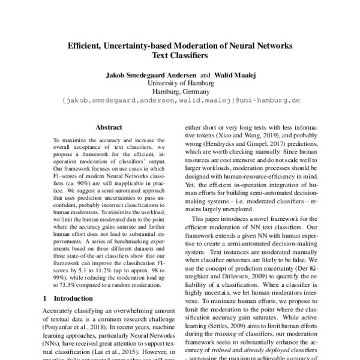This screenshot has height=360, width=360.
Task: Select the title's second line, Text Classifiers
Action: coord(179,58)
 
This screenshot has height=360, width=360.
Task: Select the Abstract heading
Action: coord(109,127)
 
